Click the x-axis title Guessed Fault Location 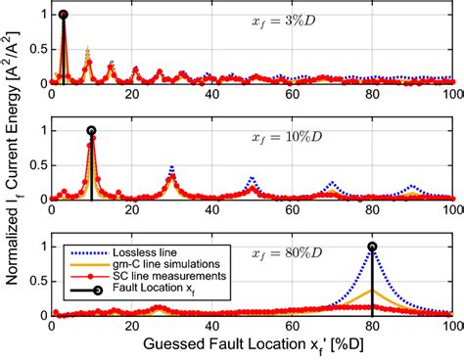(x=252, y=344)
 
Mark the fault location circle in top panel (x=64, y=15)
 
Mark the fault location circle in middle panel (x=91, y=130)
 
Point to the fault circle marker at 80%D (x=372, y=247)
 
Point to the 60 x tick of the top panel (x=292, y=96)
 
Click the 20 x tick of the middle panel (x=131, y=211)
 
